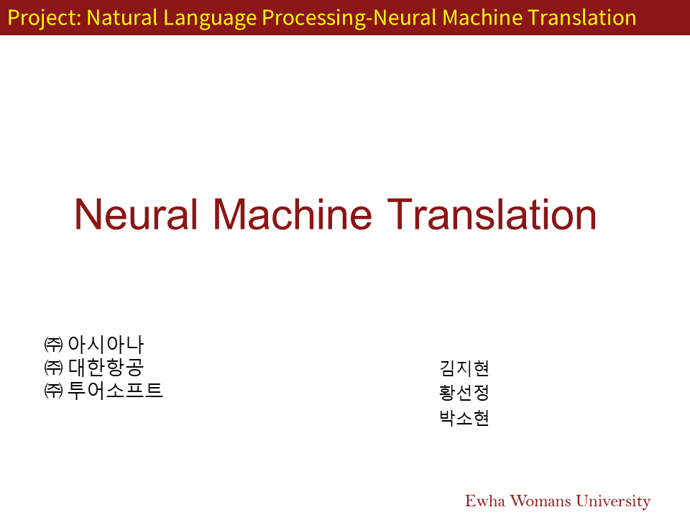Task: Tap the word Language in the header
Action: click(x=210, y=19)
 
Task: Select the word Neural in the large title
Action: click(x=136, y=214)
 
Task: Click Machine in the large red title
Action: click(x=293, y=214)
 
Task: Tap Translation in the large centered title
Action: click(x=492, y=214)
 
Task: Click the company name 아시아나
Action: click(x=106, y=344)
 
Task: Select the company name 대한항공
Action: click(x=106, y=368)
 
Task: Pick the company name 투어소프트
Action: click(x=115, y=391)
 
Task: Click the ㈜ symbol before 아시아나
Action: click(x=53, y=345)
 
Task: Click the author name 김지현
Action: click(x=464, y=368)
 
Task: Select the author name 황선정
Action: click(x=464, y=393)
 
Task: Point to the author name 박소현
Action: click(x=464, y=418)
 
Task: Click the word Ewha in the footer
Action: click(x=485, y=501)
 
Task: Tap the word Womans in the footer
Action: click(x=540, y=501)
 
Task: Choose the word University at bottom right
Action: click(x=613, y=501)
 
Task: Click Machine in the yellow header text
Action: click(x=482, y=17)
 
